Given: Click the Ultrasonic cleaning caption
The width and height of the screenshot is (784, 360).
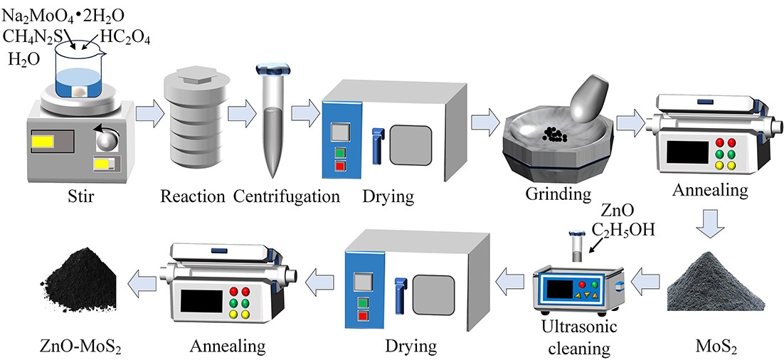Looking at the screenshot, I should pos(582,339).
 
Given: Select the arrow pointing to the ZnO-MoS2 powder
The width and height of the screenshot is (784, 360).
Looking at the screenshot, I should pos(142,285).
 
